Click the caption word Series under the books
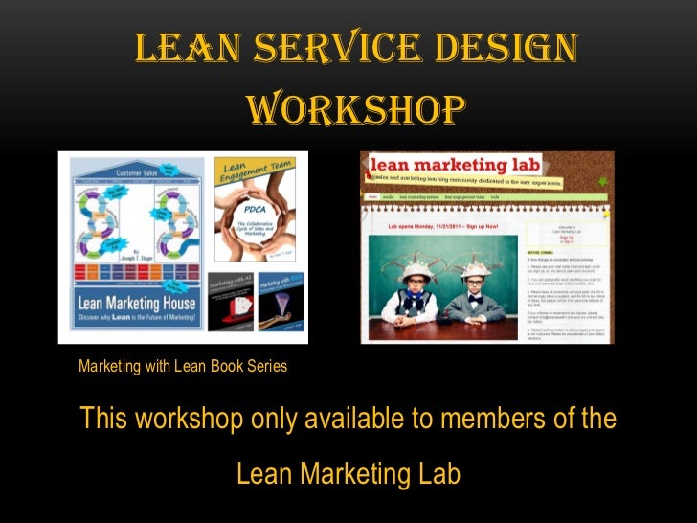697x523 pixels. coord(265,366)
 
